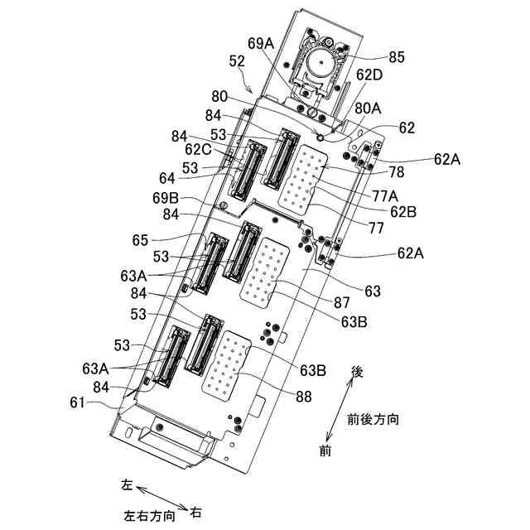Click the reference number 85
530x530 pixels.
point(397,58)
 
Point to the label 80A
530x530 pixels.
point(370,108)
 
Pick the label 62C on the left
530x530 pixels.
point(200,150)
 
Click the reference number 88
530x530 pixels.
point(304,397)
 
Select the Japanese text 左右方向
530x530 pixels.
point(149,514)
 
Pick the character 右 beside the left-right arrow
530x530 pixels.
point(196,512)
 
